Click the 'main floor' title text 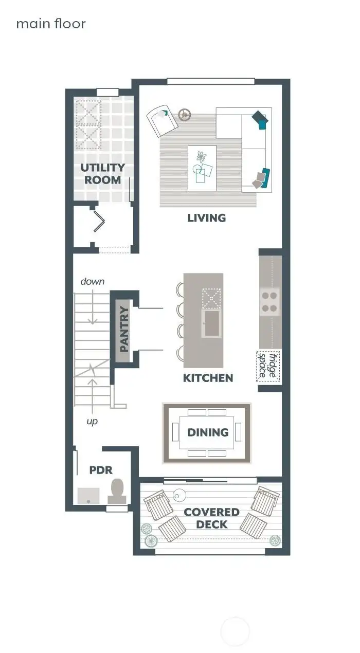(x=50, y=24)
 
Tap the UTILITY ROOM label (x=103, y=174)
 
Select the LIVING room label (x=206, y=218)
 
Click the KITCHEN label (x=208, y=378)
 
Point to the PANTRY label (x=124, y=329)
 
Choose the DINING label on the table (x=208, y=432)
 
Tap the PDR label (x=101, y=470)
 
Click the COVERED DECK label (x=211, y=518)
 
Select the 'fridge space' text (x=268, y=366)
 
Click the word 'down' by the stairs (x=93, y=281)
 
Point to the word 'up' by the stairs (x=92, y=421)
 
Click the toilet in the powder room (x=117, y=491)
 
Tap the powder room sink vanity (x=88, y=495)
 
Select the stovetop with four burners (x=269, y=302)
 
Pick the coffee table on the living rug (x=202, y=168)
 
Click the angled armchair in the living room (x=161, y=121)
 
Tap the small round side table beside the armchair (x=184, y=114)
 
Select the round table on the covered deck (x=179, y=495)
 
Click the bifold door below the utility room (x=98, y=223)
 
